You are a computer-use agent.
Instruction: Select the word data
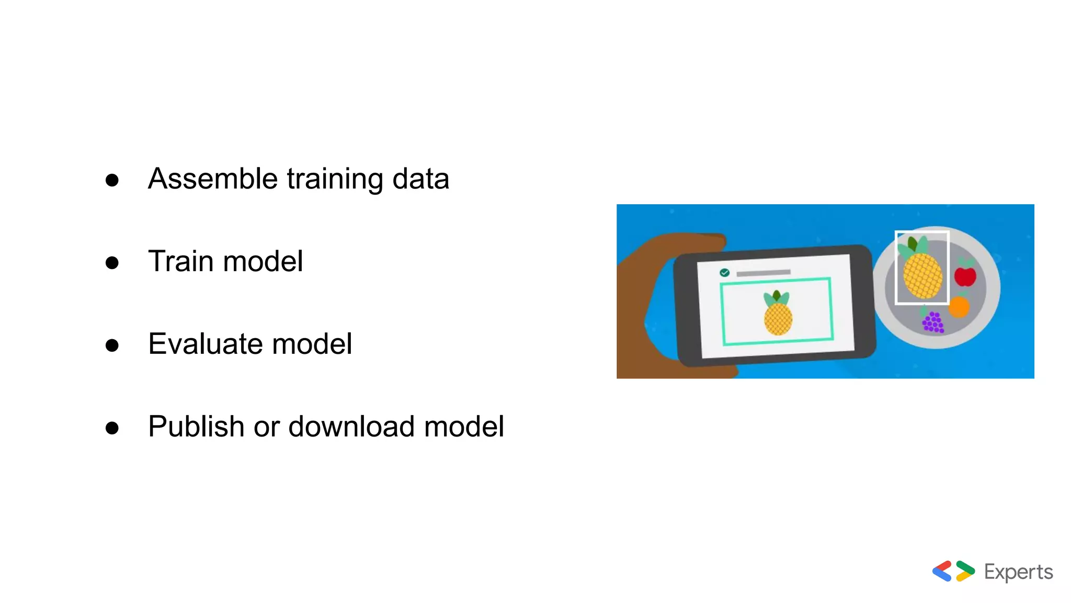[420, 179]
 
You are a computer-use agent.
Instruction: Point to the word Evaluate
[205, 344]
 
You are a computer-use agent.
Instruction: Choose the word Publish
[196, 427]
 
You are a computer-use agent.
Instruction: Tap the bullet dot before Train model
[112, 262]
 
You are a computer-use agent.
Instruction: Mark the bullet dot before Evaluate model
[112, 345]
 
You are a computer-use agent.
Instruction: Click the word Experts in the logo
[1018, 573]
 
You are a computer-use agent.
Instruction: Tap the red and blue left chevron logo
[942, 571]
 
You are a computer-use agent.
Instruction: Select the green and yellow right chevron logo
[965, 571]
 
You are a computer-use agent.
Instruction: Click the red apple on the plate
[965, 275]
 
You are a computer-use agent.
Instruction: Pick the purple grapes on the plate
[933, 321]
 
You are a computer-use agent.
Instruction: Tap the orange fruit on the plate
[959, 307]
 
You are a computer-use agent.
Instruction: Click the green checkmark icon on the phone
[724, 273]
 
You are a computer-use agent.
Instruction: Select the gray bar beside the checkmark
[763, 273]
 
